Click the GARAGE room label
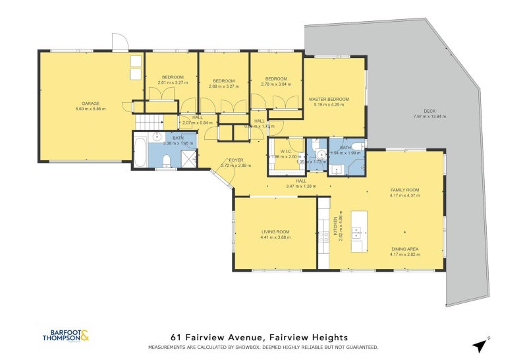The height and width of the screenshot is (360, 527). point(90,104)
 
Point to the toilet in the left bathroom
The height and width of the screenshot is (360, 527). point(167,160)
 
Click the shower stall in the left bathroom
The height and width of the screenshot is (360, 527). point(188,159)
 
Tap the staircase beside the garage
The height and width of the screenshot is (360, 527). point(148,122)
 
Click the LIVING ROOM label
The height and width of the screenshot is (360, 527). point(275,232)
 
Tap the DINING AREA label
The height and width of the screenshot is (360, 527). point(404,249)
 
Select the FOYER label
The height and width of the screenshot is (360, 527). point(236,160)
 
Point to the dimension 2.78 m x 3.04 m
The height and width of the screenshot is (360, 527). point(275,84)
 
